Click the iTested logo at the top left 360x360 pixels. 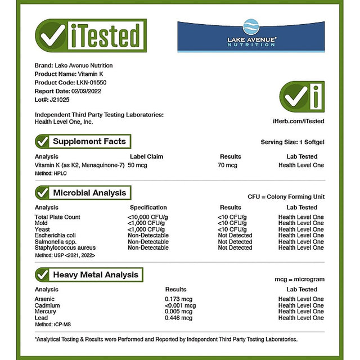[x=91, y=36]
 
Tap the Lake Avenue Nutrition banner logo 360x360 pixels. [x=251, y=35]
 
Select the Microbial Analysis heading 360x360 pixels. [x=89, y=193]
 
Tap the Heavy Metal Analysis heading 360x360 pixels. [x=95, y=275]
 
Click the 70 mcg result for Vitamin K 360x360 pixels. [x=228, y=165]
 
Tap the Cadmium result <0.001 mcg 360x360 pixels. [x=180, y=305]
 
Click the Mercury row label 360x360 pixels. [x=46, y=312]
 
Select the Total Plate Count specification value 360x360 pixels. [x=147, y=217]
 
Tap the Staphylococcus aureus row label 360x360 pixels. [x=65, y=248]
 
